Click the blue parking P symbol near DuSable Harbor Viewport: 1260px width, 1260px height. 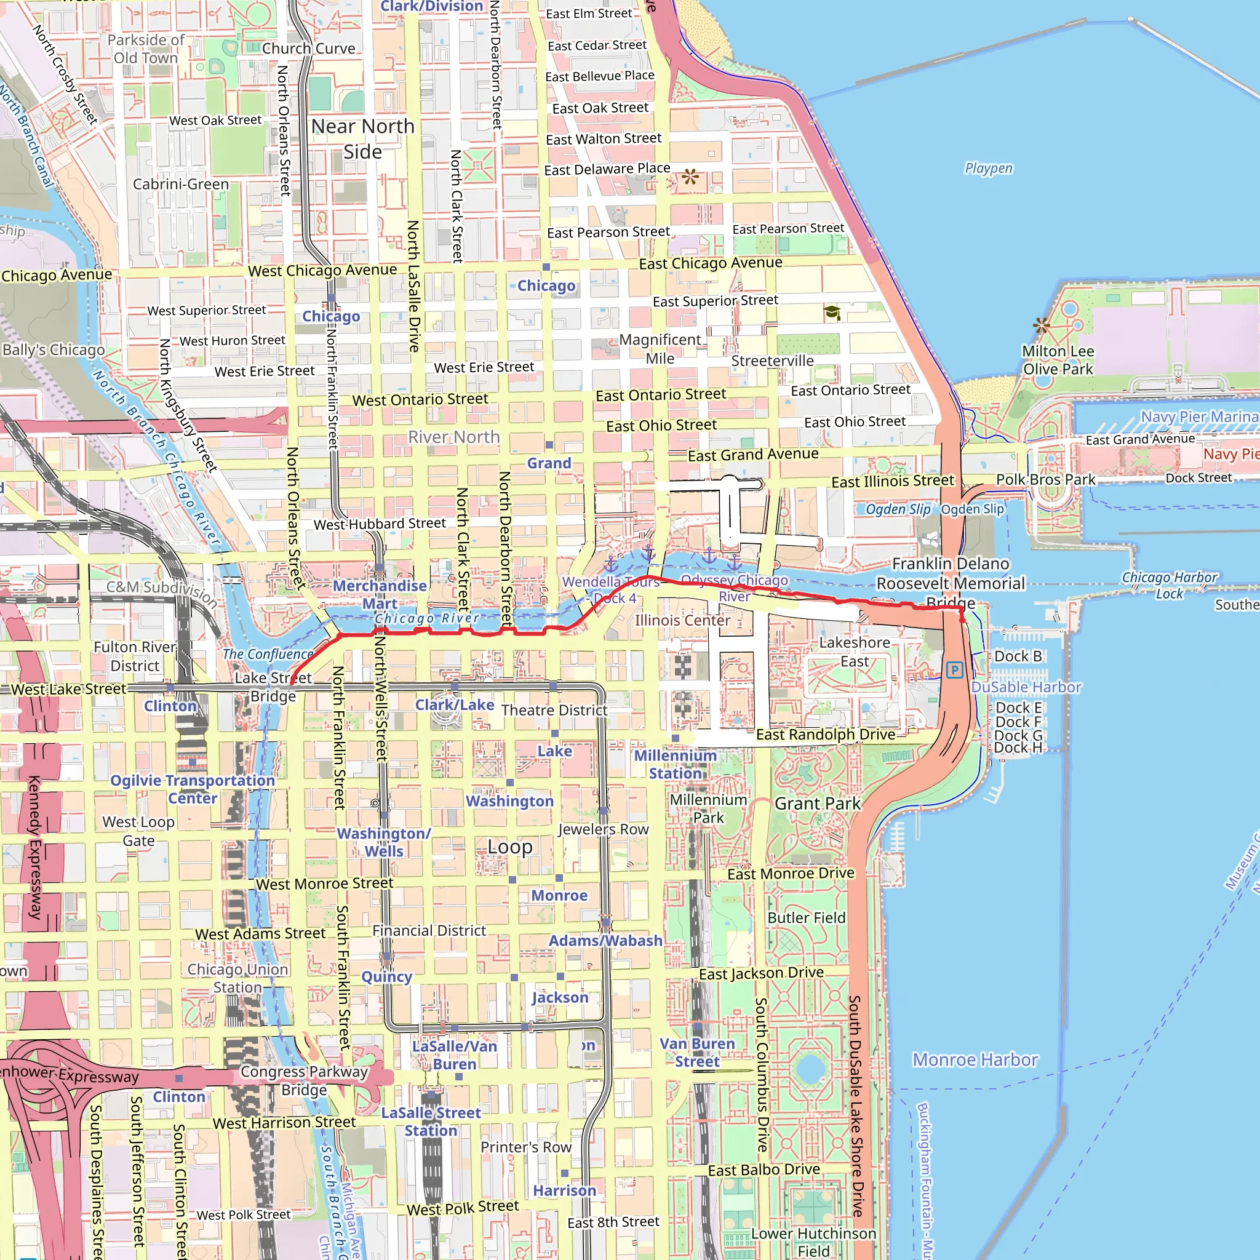954,670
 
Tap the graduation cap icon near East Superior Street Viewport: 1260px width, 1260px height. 832,313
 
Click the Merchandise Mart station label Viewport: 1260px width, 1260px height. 380,594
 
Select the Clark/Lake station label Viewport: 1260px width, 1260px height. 455,704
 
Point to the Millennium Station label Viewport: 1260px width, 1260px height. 675,764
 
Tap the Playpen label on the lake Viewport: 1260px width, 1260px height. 988,168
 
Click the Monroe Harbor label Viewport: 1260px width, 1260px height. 975,1060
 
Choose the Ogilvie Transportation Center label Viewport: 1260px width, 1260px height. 193,789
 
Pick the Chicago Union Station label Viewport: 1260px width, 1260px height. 237,978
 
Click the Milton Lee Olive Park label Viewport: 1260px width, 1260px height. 1057,360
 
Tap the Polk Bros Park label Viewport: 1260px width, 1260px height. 1045,479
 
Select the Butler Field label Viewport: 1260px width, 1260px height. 806,917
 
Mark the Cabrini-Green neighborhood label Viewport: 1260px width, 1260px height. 181,184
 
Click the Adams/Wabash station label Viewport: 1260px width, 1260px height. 605,941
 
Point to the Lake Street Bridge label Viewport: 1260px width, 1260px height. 273,687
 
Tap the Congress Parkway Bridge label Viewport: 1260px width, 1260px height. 304,1080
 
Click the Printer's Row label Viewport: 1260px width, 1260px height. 525,1147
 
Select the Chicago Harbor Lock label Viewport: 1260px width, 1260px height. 1169,585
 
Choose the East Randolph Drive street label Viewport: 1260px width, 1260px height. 825,735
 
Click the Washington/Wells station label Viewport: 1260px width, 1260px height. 383,842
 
